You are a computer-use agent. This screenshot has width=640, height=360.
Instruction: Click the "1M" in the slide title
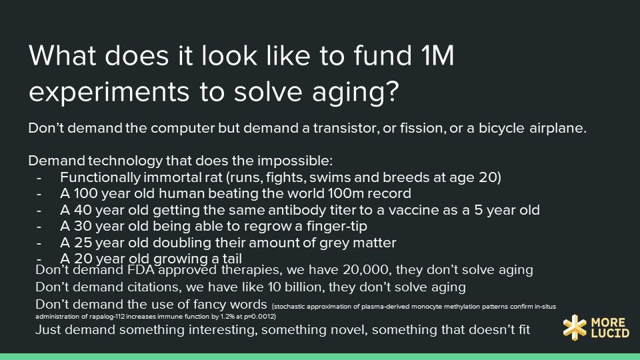(x=437, y=55)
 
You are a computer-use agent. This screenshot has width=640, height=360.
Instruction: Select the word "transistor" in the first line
(x=346, y=128)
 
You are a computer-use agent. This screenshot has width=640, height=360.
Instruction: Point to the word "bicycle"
(x=501, y=128)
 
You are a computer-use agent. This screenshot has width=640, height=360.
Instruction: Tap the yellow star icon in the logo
(x=575, y=327)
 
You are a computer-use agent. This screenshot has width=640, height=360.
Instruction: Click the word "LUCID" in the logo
(x=610, y=333)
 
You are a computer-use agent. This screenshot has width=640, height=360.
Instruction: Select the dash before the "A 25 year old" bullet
(x=39, y=243)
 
